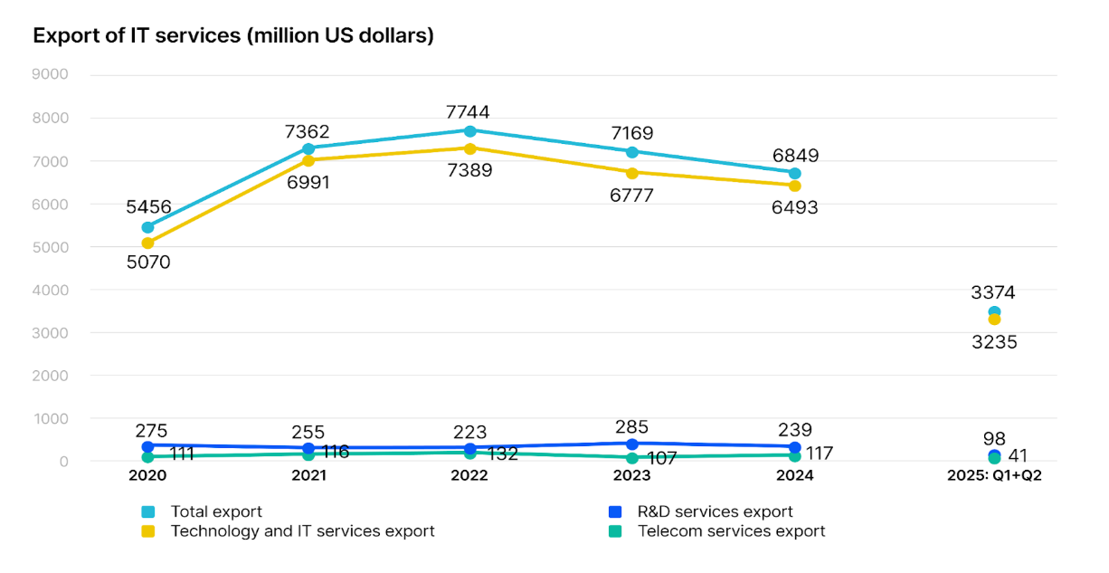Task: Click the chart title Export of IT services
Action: click(233, 36)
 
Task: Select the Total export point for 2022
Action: click(470, 131)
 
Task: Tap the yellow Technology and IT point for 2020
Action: click(147, 243)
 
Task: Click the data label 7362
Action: click(308, 132)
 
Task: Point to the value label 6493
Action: click(796, 208)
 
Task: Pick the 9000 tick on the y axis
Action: click(51, 74)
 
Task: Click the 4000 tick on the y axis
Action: click(51, 290)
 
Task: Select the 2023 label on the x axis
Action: click(631, 476)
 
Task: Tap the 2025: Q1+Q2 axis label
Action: click(994, 476)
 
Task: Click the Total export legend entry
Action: click(216, 511)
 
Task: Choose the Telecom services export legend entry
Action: click(731, 531)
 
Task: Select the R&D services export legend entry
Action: click(715, 511)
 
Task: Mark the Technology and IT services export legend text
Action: click(302, 531)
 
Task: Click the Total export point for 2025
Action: click(994, 312)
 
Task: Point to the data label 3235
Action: click(994, 342)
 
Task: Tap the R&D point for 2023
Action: click(632, 444)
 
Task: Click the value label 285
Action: click(632, 426)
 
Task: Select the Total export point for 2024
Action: click(794, 173)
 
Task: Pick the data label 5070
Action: click(147, 263)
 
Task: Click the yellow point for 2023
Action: click(632, 172)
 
